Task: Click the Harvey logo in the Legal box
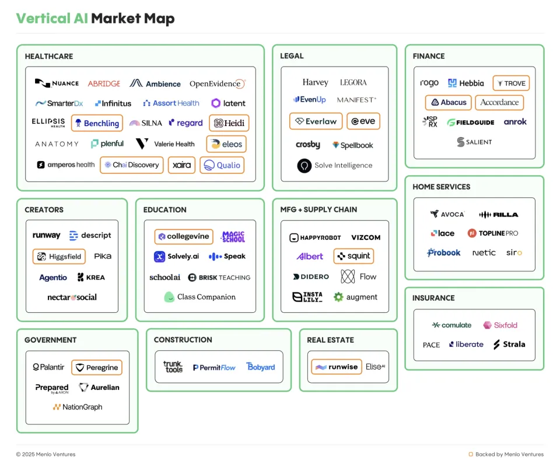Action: [x=316, y=82]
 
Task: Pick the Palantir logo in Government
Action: [x=48, y=367]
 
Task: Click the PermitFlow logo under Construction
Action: [x=214, y=367]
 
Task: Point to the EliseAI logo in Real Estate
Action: [x=375, y=367]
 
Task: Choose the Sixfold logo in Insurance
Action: [x=500, y=325]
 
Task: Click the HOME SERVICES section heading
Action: [x=441, y=187]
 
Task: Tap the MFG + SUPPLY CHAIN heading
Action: [x=318, y=210]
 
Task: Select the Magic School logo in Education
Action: [x=233, y=236]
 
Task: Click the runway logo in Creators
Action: [x=47, y=235]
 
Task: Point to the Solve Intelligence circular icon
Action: [x=304, y=166]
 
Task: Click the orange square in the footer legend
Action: [x=471, y=454]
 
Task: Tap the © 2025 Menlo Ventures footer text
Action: [x=45, y=454]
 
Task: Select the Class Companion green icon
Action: [x=169, y=297]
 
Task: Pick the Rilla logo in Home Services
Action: [x=498, y=214]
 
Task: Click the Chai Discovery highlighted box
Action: [x=131, y=165]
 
